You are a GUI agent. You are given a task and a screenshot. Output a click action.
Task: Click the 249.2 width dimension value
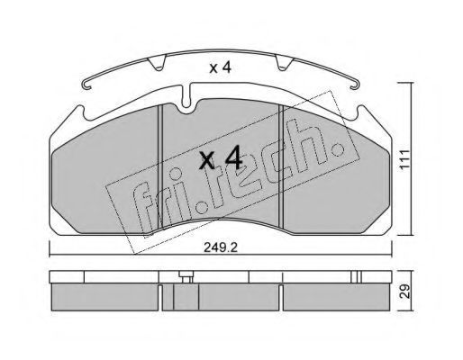click(x=221, y=247)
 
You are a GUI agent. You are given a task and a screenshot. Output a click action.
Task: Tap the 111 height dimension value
click(x=404, y=159)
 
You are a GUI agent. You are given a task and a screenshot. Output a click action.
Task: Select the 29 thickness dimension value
click(x=405, y=291)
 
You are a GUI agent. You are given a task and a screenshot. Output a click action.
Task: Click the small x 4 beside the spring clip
click(x=221, y=68)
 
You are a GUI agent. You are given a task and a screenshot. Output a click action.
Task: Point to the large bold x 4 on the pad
click(x=221, y=157)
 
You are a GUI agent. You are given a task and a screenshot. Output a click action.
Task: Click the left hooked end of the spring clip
click(x=86, y=85)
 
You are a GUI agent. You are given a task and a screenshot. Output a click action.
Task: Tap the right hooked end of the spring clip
click(x=353, y=85)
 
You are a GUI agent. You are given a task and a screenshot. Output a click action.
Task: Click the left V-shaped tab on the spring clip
click(x=157, y=64)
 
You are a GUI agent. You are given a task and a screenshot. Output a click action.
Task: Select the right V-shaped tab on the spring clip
click(x=284, y=64)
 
